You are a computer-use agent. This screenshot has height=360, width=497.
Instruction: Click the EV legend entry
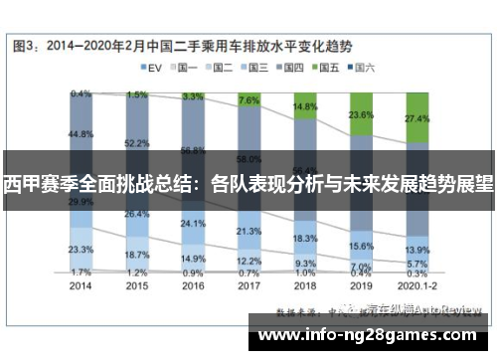pyautogui.click(x=150, y=68)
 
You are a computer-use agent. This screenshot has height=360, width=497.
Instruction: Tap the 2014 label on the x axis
pyautogui.click(x=82, y=283)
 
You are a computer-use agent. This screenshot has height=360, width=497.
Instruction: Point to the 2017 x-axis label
pyautogui.click(x=248, y=283)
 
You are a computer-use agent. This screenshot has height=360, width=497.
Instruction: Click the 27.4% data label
pyautogui.click(x=417, y=118)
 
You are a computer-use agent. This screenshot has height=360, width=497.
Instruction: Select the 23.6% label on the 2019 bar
pyautogui.click(x=361, y=114)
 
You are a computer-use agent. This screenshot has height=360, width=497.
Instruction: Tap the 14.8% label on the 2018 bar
pyautogui.click(x=305, y=105)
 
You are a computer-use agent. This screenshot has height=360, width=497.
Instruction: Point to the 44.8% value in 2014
pyautogui.click(x=82, y=133)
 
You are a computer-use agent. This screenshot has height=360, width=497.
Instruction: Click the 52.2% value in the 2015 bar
pyautogui.click(x=137, y=143)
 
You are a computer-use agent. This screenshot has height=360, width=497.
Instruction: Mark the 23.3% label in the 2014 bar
pyautogui.click(x=82, y=249)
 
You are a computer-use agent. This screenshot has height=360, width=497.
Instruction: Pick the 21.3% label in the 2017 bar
pyautogui.click(x=249, y=231)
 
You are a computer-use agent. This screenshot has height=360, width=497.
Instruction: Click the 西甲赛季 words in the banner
pyautogui.click(x=40, y=184)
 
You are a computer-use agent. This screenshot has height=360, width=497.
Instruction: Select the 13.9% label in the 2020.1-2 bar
pyautogui.click(x=417, y=249)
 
